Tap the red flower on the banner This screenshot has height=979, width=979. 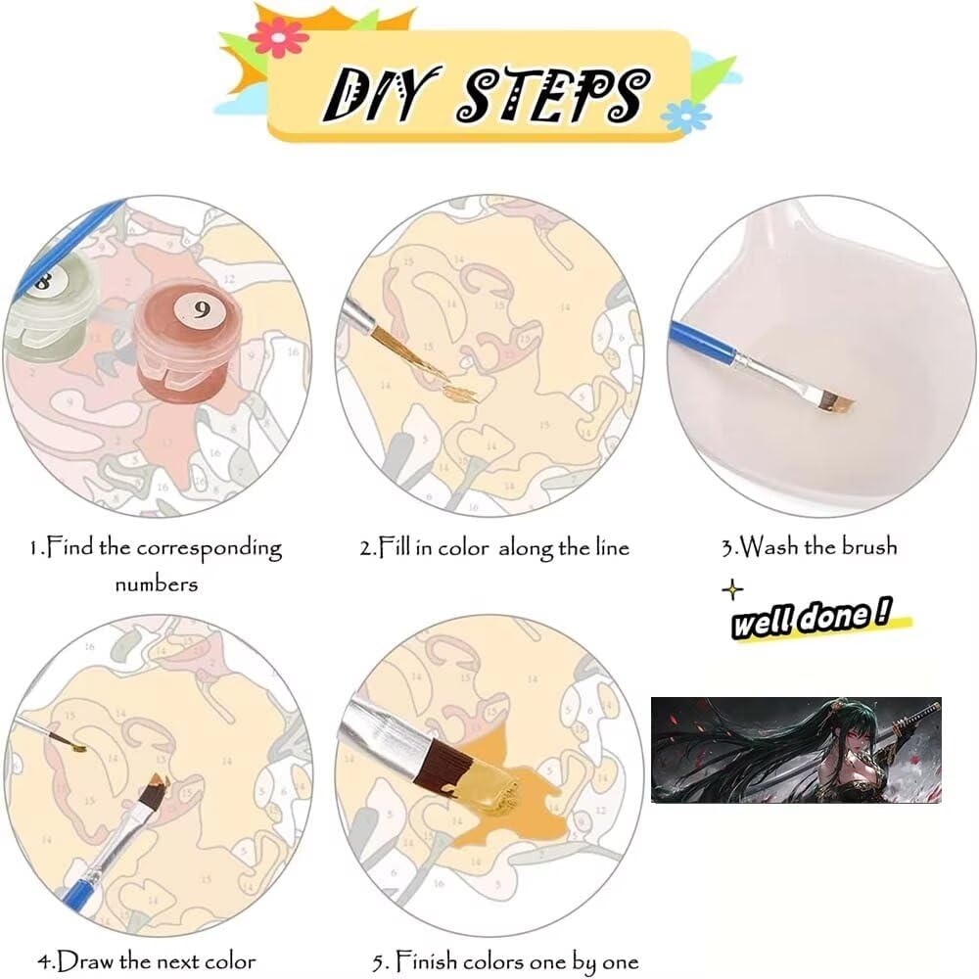(278, 37)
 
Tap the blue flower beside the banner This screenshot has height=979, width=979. (685, 117)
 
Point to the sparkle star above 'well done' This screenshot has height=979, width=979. (732, 589)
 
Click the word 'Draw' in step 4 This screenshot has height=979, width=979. (85, 960)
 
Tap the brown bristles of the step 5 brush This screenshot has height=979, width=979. (442, 768)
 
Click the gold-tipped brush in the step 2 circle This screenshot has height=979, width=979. (399, 348)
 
